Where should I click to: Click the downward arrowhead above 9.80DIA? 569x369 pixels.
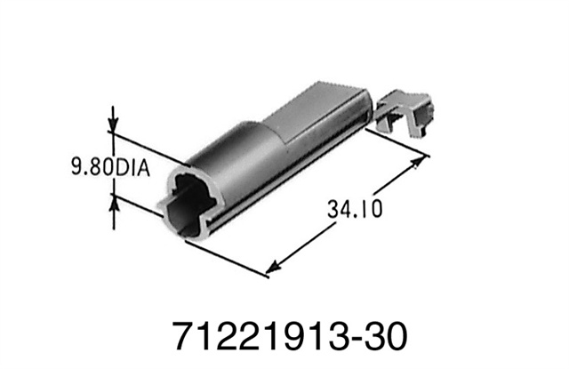113,124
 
